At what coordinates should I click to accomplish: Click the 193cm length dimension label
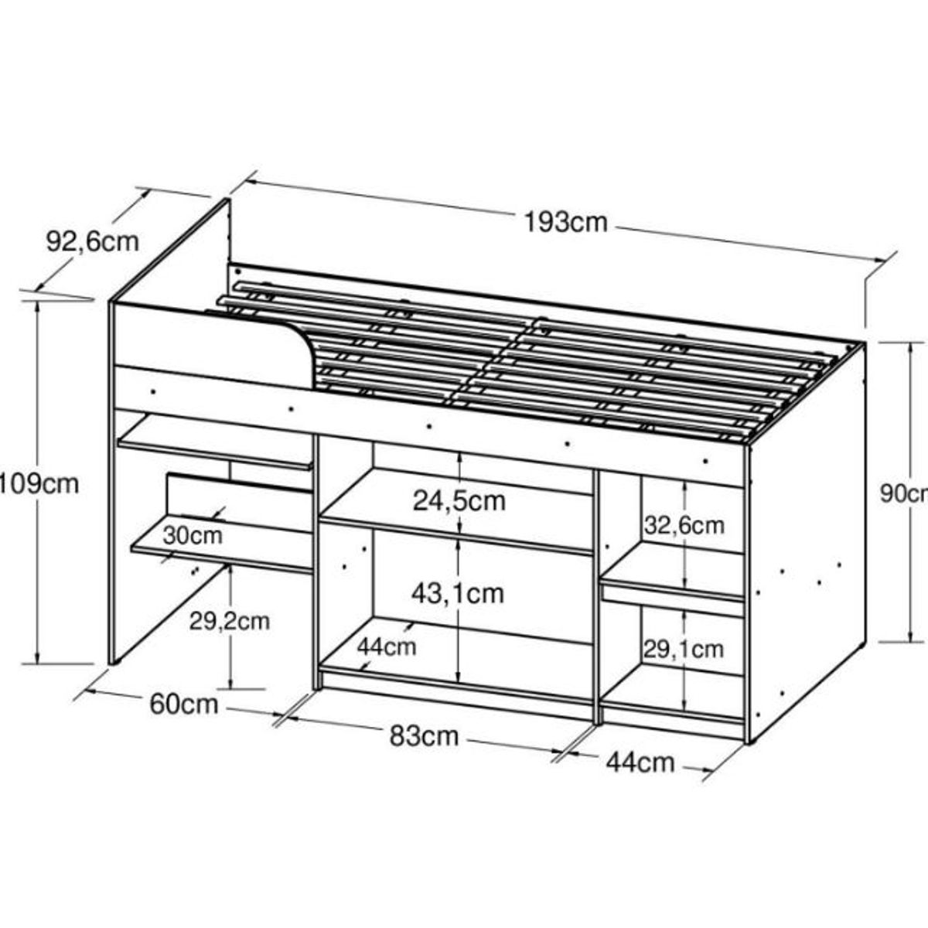point(566,222)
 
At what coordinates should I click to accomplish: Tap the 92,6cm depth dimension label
point(93,241)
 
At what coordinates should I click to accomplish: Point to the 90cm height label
point(903,493)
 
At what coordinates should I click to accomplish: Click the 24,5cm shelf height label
point(459,501)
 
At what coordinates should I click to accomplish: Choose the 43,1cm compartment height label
point(459,593)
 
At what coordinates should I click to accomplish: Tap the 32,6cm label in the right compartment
point(684,525)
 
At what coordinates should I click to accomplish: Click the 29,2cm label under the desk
point(230,619)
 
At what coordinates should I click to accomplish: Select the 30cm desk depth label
point(193,534)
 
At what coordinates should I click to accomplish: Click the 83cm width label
point(424,735)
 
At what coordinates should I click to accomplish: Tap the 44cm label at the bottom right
point(640,763)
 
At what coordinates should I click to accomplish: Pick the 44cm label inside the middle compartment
point(387,645)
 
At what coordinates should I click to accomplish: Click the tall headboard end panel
point(170,255)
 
